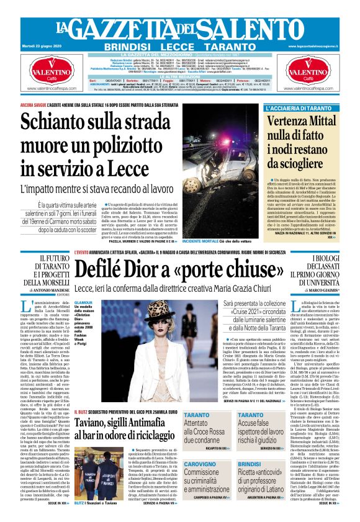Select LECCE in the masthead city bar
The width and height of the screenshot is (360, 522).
tap(179, 47)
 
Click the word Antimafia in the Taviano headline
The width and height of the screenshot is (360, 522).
tap(133, 423)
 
